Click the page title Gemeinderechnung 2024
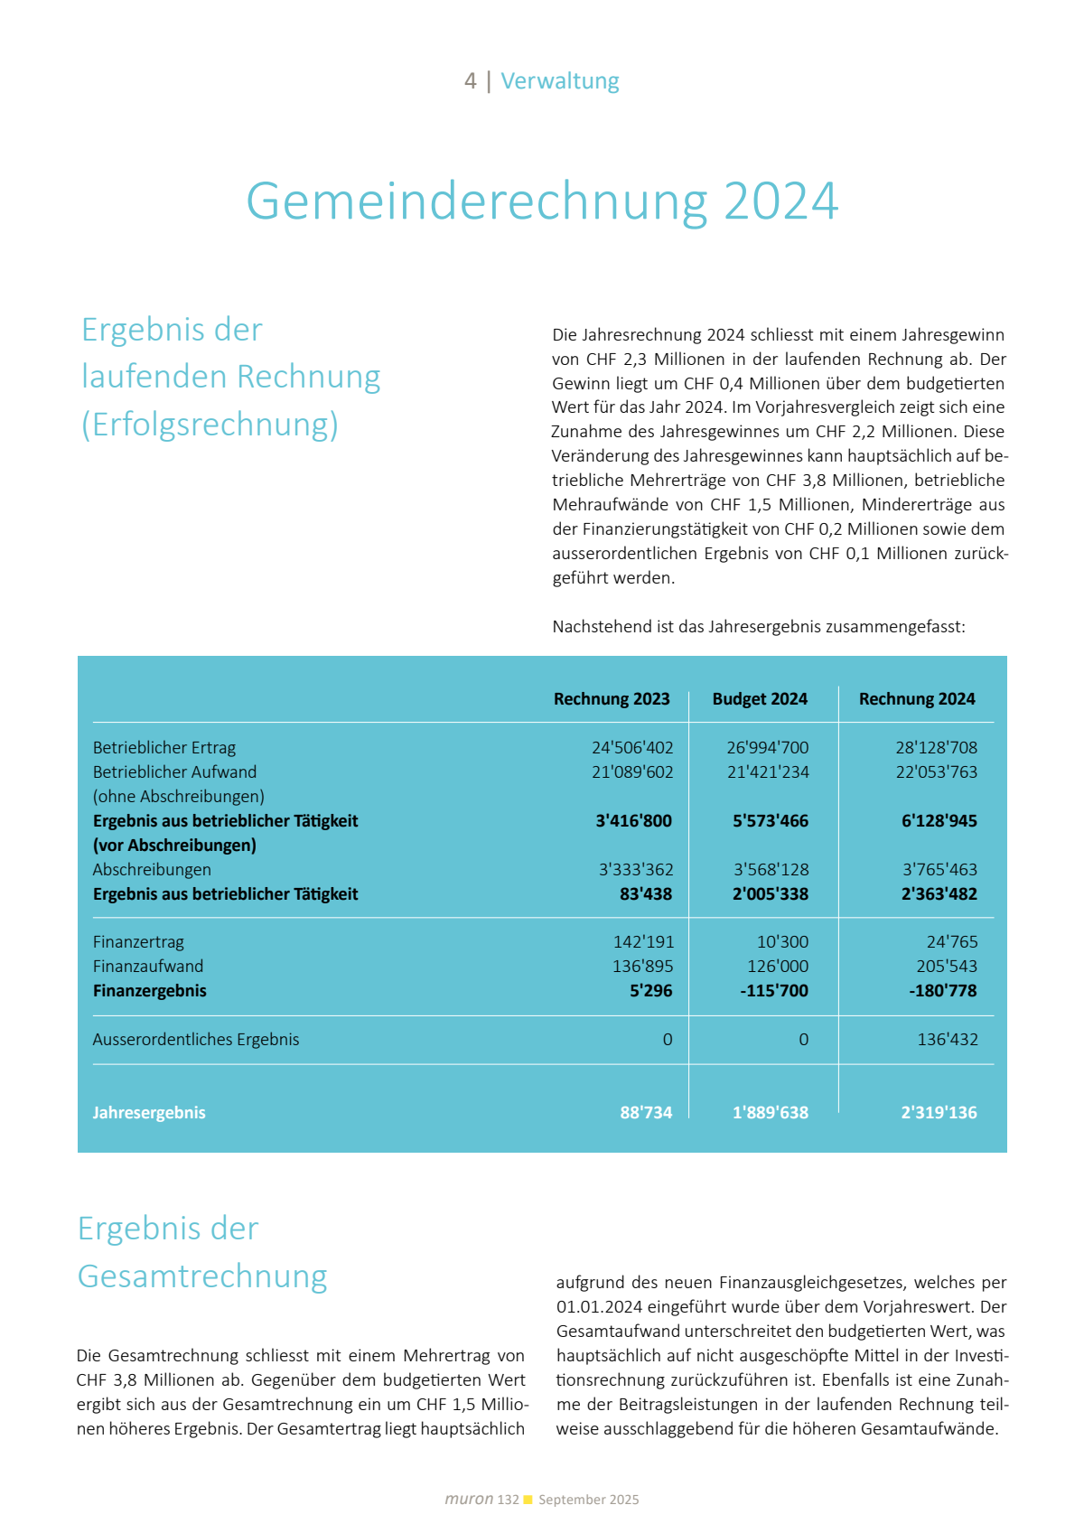coord(542,201)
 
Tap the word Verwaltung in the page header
coord(560,81)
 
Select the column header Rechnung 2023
coord(612,699)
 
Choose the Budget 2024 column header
coord(760,699)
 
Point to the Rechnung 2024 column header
coord(917,699)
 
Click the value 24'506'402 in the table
coord(632,748)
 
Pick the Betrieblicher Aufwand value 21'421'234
coord(768,772)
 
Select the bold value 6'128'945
coord(939,821)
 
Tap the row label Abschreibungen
coord(152,870)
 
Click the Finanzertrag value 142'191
coord(643,942)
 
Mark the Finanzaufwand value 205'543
coord(947,967)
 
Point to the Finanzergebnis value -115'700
coord(774,991)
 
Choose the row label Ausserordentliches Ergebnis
coord(196,1040)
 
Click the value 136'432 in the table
coord(948,1040)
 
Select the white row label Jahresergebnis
coord(149,1113)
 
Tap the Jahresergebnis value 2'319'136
coord(939,1113)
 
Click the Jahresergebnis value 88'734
coord(646,1113)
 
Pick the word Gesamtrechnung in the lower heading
coord(202,1276)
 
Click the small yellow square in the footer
coord(528,1500)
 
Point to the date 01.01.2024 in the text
coord(600,1307)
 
